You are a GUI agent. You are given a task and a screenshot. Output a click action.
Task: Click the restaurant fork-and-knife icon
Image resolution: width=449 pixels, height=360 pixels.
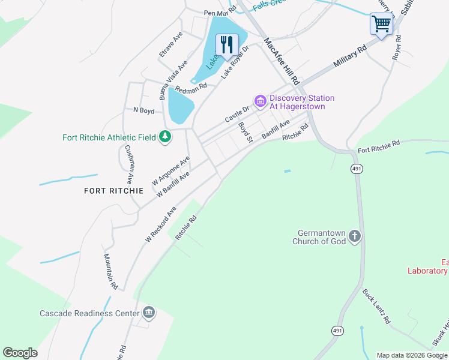[226, 44]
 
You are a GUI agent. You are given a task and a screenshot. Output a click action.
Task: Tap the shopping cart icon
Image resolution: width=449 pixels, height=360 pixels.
[381, 25]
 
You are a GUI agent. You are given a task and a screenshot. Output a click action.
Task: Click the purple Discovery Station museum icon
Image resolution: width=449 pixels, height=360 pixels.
[261, 101]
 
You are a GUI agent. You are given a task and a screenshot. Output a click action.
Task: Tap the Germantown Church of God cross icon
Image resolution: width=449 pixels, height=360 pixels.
[355, 236]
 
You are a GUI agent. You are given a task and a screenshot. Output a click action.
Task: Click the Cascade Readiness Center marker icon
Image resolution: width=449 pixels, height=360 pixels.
[148, 313]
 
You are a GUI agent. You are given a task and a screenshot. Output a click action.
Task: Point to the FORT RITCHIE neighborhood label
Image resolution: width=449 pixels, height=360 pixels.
[113, 191]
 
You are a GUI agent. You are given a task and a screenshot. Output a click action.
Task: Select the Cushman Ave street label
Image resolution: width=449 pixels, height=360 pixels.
[128, 164]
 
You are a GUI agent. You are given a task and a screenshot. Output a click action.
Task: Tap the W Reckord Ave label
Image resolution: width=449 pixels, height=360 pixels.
[161, 224]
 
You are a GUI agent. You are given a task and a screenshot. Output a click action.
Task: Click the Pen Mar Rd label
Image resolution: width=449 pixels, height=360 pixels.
[220, 12]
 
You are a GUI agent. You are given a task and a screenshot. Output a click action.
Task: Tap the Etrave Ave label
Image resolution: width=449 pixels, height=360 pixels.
[171, 45]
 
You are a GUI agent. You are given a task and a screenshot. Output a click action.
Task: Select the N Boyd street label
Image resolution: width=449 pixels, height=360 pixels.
[143, 110]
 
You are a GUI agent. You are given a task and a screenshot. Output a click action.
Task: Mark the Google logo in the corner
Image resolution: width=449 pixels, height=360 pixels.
[20, 353]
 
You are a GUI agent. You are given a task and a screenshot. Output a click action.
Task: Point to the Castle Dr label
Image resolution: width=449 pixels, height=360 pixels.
[237, 115]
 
